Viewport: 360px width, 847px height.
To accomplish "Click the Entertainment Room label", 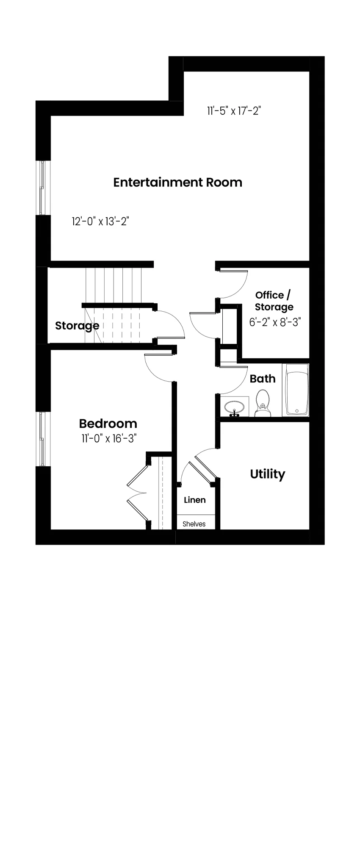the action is pos(178,183).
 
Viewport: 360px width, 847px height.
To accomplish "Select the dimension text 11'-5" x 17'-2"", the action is pos(234,111).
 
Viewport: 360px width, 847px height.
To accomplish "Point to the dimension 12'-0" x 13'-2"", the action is pos(100,221).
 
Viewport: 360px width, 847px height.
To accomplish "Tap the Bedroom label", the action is pos(108,423).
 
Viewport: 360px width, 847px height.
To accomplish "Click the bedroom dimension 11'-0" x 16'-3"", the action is pos(108,438).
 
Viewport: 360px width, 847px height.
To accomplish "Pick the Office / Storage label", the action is pos(274,301).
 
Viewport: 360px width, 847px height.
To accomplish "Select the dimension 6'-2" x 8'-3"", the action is pos(275,322).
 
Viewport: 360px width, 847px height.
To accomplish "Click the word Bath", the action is pos(263,379).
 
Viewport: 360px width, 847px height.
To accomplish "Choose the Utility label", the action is pos(268,474).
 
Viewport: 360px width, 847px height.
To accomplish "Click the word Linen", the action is pos(195,500).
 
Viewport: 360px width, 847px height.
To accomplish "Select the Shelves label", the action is pos(194,524).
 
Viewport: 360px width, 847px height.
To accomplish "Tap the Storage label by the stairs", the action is pos(77,326).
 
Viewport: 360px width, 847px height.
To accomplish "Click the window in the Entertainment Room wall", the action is pos(42,188).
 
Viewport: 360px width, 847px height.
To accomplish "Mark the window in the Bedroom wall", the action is pos(42,439).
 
